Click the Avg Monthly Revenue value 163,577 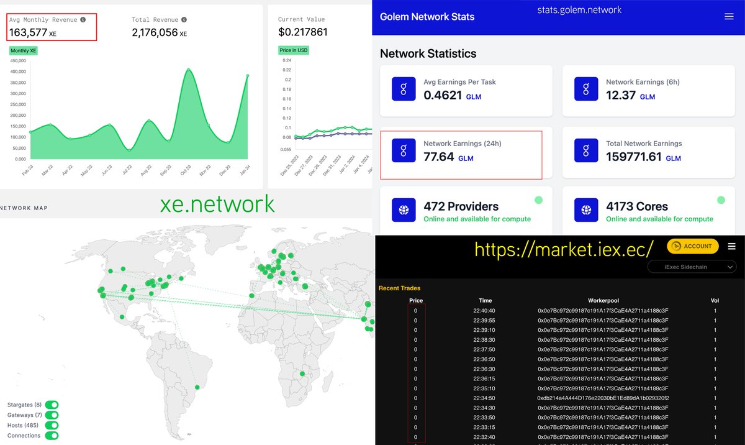[x=28, y=32]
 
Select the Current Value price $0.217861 [x=303, y=32]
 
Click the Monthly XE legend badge [x=24, y=50]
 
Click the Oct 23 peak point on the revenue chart [x=188, y=70]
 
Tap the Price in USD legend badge [x=294, y=50]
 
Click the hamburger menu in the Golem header [x=729, y=17]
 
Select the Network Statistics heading [x=428, y=53]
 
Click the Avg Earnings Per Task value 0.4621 [x=443, y=95]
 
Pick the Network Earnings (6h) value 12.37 [x=621, y=95]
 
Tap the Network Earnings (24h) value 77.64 [x=438, y=157]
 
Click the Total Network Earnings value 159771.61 [x=634, y=157]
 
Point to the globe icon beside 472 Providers [x=404, y=211]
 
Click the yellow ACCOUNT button [x=693, y=246]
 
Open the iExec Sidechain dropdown [x=692, y=267]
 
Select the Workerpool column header [x=603, y=301]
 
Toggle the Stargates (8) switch [x=52, y=405]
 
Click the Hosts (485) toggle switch [x=52, y=426]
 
